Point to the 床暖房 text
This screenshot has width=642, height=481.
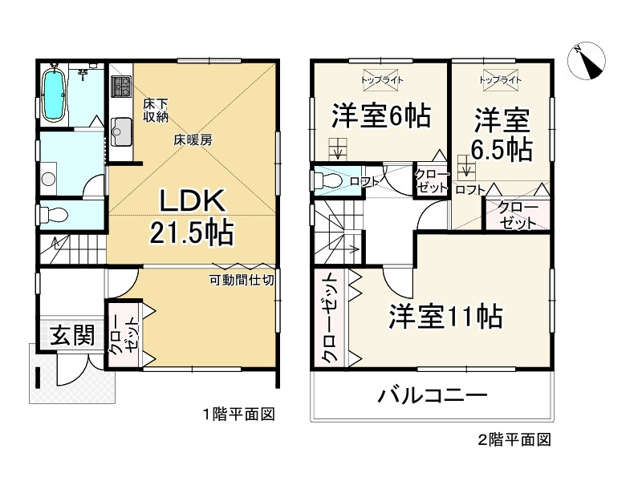[x=193, y=139]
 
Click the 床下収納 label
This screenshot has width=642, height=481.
[x=155, y=111]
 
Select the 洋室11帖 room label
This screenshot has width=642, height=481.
[x=445, y=317]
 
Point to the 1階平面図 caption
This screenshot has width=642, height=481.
[x=238, y=414]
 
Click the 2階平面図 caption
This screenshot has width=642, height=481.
[x=514, y=439]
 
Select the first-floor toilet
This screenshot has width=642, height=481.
[x=54, y=216]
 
